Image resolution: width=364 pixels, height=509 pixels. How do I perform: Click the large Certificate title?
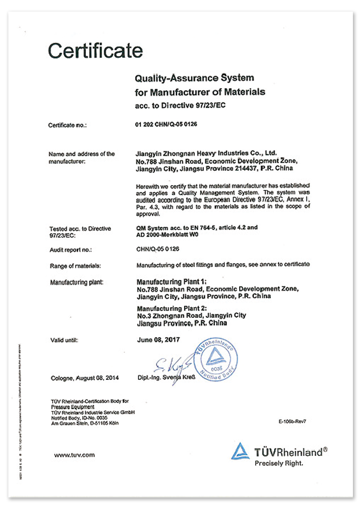(x=95, y=50)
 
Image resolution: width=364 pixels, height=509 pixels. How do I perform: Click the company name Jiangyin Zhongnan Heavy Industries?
(x=206, y=152)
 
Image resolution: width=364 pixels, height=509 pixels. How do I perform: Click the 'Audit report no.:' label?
(x=71, y=250)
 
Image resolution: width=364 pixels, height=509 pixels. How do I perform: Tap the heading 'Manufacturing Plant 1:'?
(x=171, y=282)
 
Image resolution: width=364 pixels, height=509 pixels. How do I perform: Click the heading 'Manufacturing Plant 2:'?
(x=171, y=308)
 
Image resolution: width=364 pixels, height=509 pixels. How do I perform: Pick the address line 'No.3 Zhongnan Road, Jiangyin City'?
(x=191, y=315)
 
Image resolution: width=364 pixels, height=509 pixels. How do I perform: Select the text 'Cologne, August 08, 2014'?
(x=83, y=378)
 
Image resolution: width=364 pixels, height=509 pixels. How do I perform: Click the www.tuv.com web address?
(x=74, y=455)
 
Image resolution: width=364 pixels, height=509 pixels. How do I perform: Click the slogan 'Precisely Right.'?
(x=279, y=464)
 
